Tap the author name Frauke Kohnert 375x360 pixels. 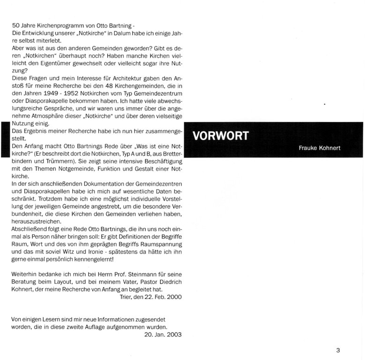[x=320, y=148]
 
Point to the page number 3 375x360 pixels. [x=338, y=349]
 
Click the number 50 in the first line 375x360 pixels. [x=15, y=24]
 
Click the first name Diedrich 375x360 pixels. [x=166, y=282]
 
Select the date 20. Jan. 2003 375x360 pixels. [x=163, y=334]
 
